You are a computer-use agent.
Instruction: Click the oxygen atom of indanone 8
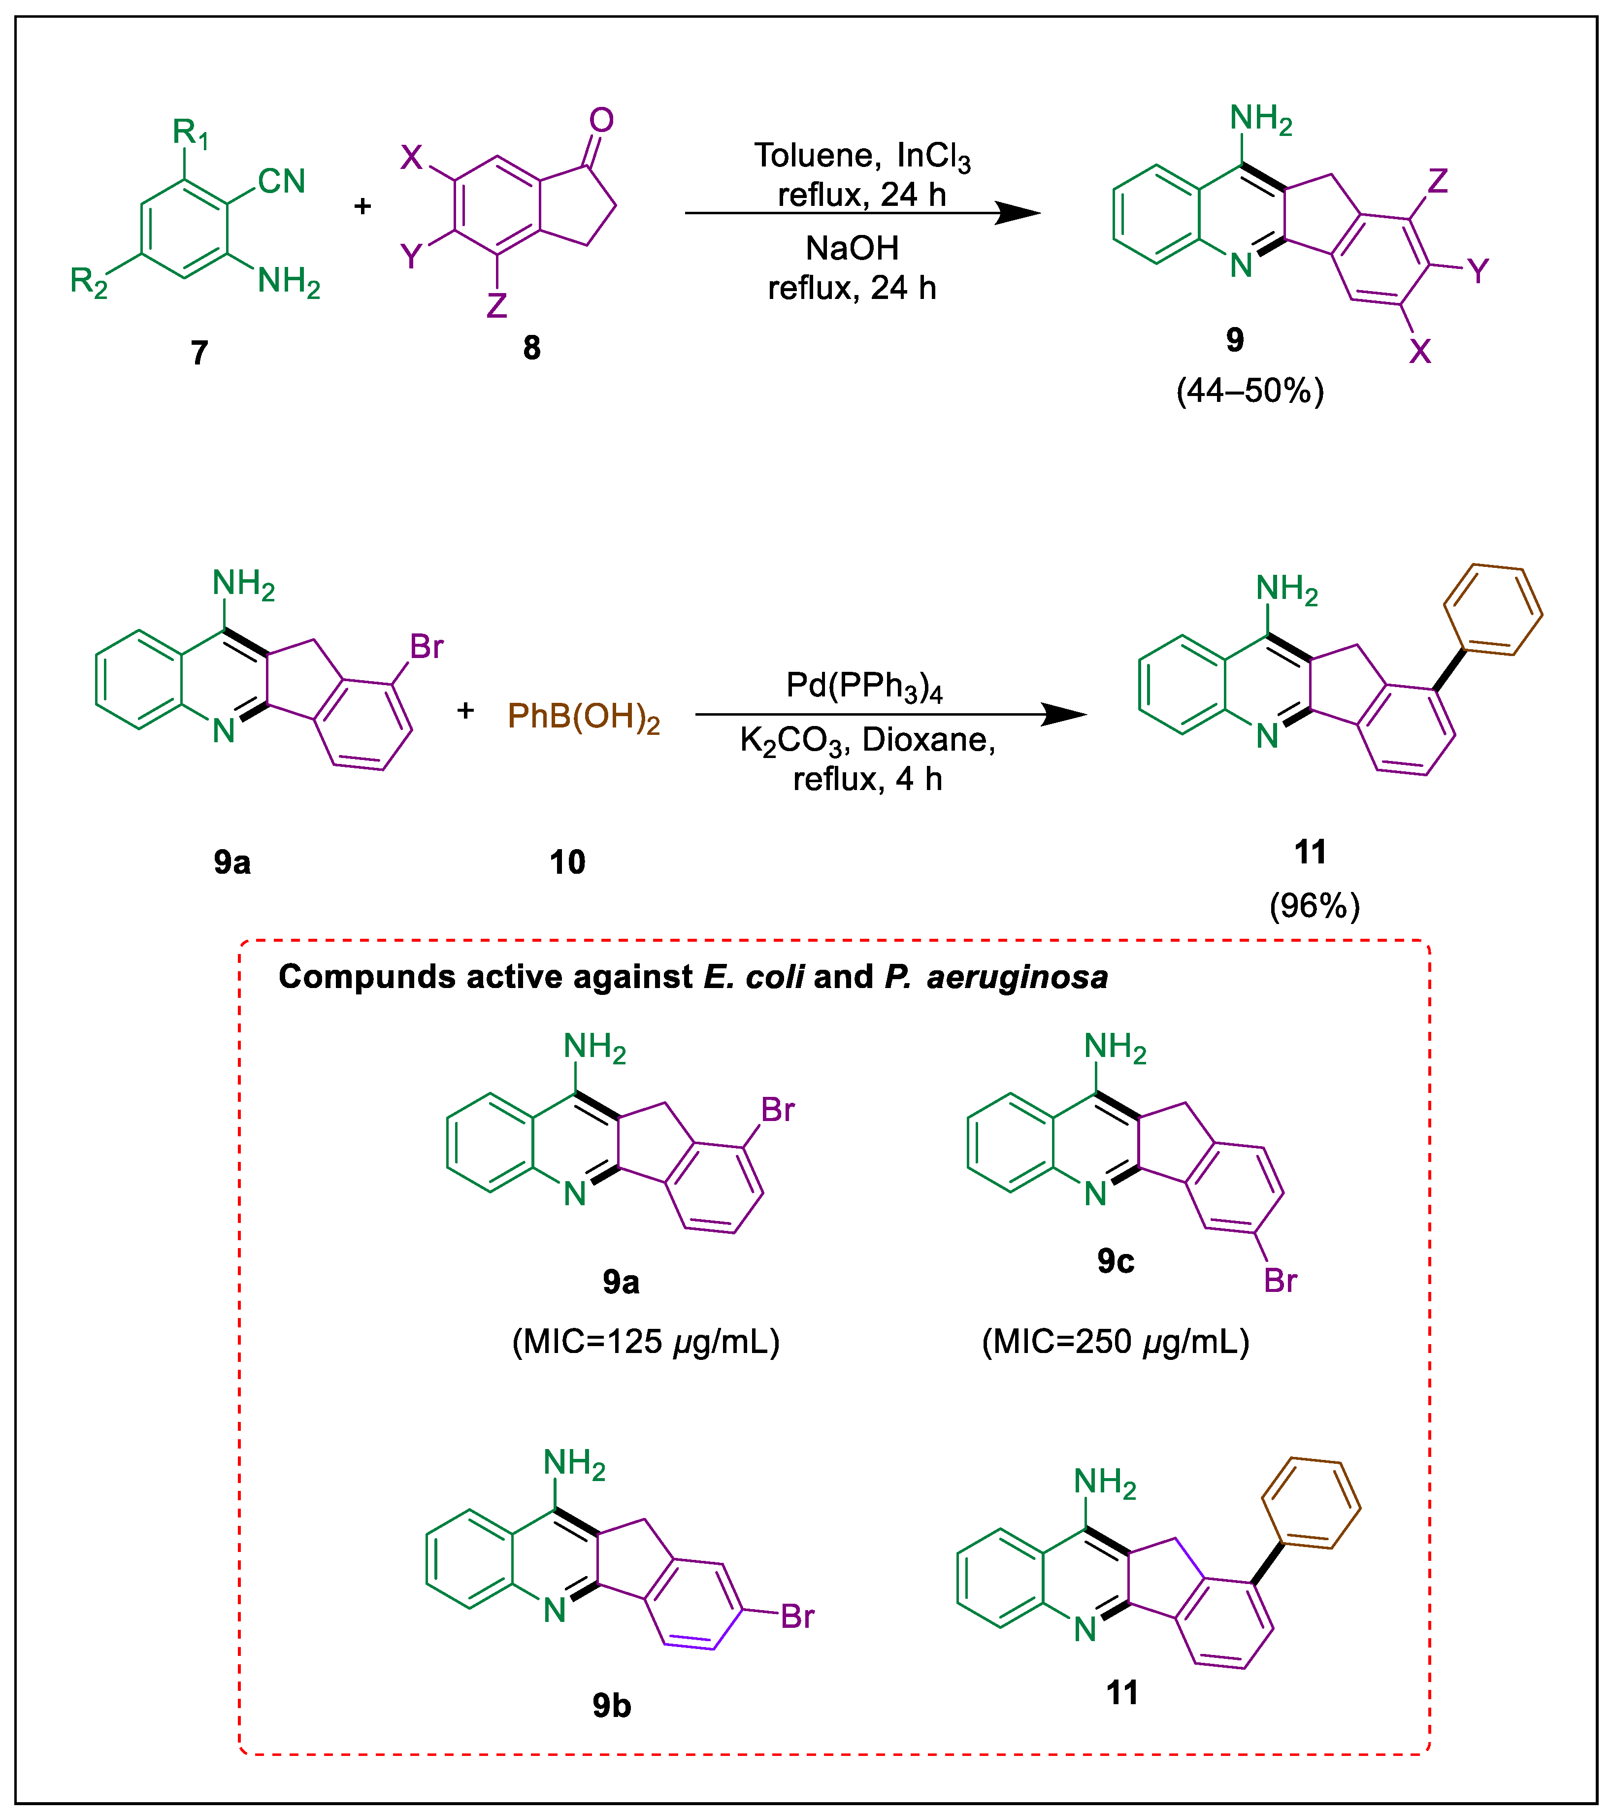(601, 120)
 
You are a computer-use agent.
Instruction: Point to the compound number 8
(531, 348)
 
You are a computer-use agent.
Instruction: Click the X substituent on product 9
(1420, 352)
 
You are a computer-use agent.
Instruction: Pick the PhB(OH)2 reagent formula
(584, 716)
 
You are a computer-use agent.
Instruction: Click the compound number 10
(566, 862)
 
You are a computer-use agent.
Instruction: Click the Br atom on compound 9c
(1280, 1281)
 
